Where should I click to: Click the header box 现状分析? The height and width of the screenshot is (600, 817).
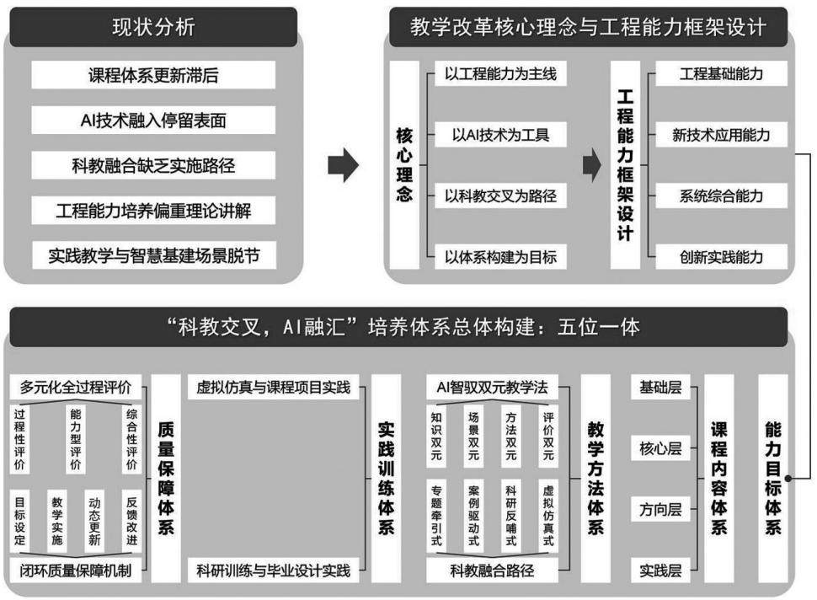tap(153, 27)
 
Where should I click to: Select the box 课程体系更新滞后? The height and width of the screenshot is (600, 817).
tap(153, 75)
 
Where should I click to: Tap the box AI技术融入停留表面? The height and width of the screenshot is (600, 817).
tap(153, 121)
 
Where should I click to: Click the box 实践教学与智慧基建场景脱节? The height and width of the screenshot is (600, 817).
tap(153, 255)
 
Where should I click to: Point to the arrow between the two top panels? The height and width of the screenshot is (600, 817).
tap(344, 165)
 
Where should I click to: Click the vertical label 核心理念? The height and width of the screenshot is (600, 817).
tap(404, 164)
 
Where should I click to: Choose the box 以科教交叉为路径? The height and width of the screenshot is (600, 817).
tap(500, 196)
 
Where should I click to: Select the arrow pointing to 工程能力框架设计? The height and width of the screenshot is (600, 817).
tap(592, 165)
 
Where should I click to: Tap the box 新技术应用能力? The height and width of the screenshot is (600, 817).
tap(721, 135)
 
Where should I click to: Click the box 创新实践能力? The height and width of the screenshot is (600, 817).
tap(721, 257)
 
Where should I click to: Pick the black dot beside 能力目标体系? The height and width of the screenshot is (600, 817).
tap(788, 478)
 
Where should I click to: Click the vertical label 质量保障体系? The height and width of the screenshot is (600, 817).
tap(166, 478)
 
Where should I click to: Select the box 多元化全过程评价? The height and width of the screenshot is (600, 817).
tap(76, 388)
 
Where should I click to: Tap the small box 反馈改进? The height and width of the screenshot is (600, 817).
tap(131, 521)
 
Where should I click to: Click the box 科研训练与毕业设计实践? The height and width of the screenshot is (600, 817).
tap(274, 571)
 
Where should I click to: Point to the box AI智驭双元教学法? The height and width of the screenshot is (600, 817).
tap(492, 388)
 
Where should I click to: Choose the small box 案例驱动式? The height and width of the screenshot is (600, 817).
tap(473, 516)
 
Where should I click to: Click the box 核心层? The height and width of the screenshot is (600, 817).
tap(660, 448)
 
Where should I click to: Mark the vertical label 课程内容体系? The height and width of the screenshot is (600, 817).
tap(718, 478)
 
